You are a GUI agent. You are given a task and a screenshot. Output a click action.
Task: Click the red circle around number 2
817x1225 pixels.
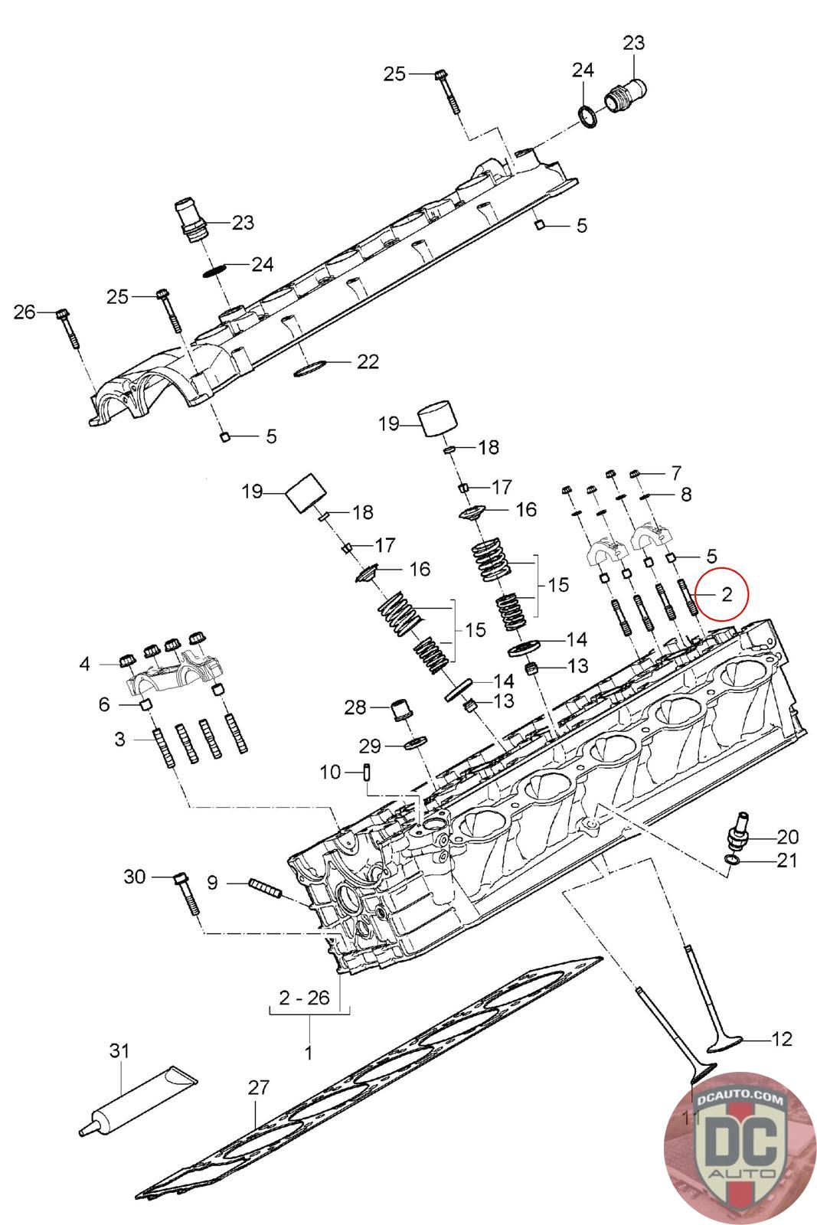tap(725, 592)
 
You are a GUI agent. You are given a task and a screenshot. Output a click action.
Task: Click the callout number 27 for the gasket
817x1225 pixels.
tap(259, 1087)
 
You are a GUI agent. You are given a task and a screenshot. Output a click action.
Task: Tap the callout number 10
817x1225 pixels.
tap(330, 773)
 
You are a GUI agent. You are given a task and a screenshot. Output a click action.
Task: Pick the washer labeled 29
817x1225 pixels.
tap(414, 744)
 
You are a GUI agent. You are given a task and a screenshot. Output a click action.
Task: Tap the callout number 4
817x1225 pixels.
tap(85, 664)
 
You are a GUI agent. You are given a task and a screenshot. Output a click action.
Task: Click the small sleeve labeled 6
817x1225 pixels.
tap(145, 704)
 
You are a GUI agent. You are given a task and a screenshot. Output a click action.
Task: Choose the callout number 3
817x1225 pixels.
tap(119, 740)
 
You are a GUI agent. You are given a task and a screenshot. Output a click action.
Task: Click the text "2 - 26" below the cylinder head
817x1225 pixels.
tap(304, 998)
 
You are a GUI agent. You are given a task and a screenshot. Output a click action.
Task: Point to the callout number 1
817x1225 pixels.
tap(308, 1053)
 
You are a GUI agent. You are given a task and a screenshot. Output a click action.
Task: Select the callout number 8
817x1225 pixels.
tap(685, 495)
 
